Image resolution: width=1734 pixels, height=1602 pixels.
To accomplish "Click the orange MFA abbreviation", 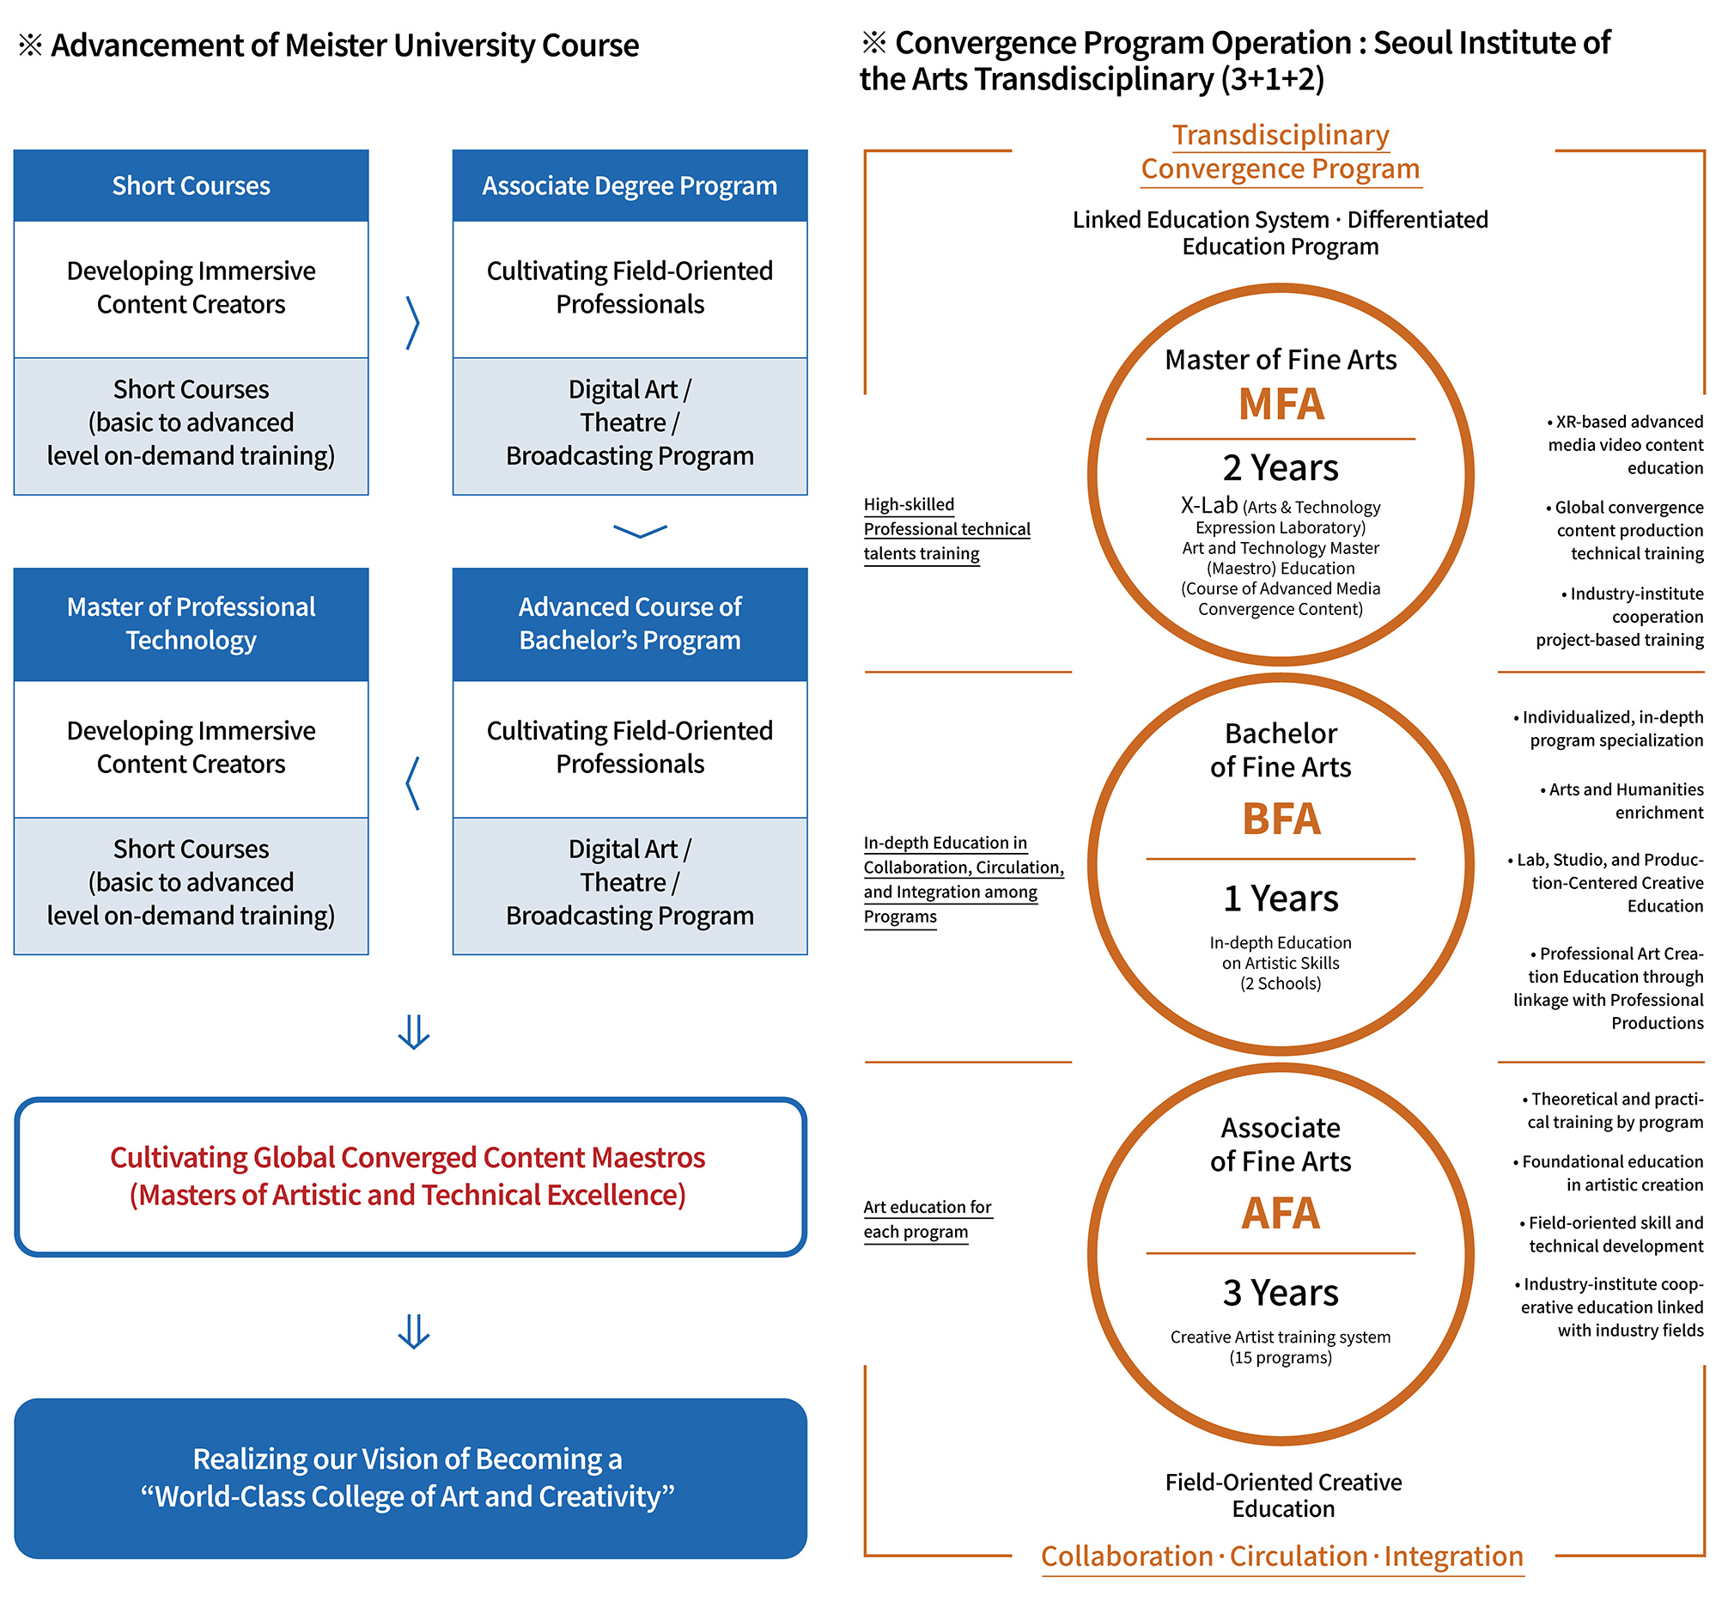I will coord(1281,405).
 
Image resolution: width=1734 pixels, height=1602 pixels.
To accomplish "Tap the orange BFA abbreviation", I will coord(1281,819).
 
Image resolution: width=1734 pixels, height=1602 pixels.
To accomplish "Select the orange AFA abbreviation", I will coord(1281,1214).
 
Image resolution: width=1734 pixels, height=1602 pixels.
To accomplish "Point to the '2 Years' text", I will coord(1280,468).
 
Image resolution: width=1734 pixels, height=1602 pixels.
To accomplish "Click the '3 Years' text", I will coord(1280,1294).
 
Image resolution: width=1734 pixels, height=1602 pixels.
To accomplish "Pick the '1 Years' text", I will coord(1280,899).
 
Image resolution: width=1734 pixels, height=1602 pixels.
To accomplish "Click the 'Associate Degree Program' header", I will coord(630,186).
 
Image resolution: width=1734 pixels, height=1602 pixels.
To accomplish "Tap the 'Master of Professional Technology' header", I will coord(191,624).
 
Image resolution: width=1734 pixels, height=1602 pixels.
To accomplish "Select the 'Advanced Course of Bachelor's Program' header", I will coord(630,624).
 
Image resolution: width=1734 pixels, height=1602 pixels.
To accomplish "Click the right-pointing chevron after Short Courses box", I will coord(412,322).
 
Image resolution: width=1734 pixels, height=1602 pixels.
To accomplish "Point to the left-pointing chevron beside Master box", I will coord(412,783).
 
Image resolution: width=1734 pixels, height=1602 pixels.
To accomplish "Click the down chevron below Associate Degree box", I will coord(640,531).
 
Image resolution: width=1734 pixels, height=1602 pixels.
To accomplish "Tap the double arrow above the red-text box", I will coord(413,1032).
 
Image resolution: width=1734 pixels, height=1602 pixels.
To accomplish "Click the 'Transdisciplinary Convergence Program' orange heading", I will coord(1280,152).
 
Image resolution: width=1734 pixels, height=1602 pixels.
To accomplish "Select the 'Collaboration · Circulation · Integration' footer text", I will coord(1281,1556).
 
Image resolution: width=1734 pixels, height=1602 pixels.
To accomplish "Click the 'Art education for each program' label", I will coord(927,1219).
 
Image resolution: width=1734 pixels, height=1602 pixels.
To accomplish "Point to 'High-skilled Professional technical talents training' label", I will coord(946,529).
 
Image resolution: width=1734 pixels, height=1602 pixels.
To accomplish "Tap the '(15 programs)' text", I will coord(1280,1357).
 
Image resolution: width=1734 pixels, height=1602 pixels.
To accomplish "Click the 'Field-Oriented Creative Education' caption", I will coord(1282,1495).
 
